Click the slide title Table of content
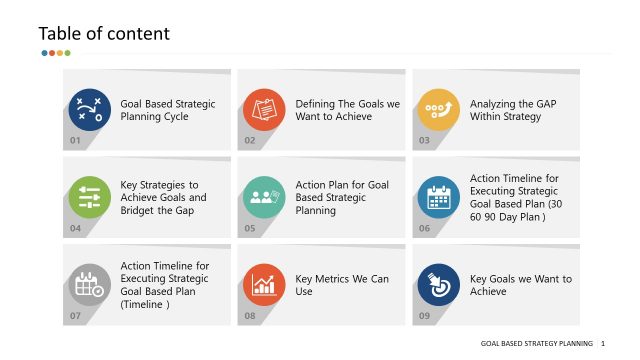(x=104, y=33)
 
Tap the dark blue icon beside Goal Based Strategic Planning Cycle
(x=90, y=110)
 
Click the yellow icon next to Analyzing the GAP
(x=439, y=110)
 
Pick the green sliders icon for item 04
(x=90, y=197)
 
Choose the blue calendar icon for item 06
(x=439, y=197)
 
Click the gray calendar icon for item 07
(x=90, y=285)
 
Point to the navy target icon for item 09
(x=439, y=285)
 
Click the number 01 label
(x=75, y=141)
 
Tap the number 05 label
(x=249, y=229)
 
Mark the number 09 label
(x=424, y=316)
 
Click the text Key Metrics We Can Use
(x=342, y=285)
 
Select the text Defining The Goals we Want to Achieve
(x=347, y=110)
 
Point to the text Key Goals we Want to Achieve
(x=520, y=285)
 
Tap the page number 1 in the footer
(x=603, y=343)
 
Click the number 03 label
(x=424, y=141)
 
